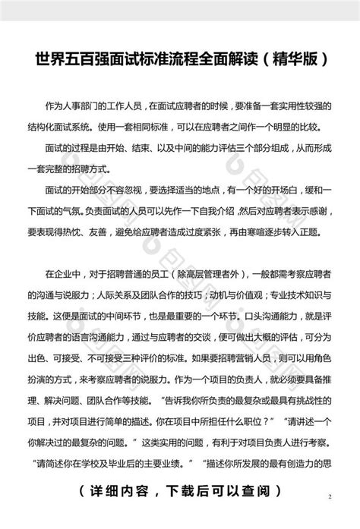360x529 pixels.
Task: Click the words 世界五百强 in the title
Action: click(64, 58)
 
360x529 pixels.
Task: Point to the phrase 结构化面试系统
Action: click(64, 121)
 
